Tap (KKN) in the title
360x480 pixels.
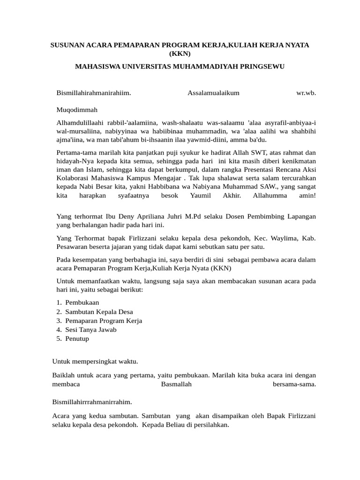(x=180, y=53)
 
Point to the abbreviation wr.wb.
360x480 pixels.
(x=306, y=93)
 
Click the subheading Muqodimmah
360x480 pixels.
(x=77, y=110)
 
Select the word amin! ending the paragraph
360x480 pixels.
(x=307, y=195)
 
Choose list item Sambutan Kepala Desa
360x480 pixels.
(x=99, y=312)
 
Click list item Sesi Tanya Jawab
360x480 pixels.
(x=91, y=330)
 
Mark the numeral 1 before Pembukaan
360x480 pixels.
(x=59, y=303)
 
